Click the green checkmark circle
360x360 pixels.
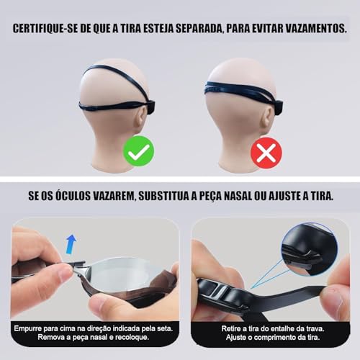[x=138, y=152]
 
